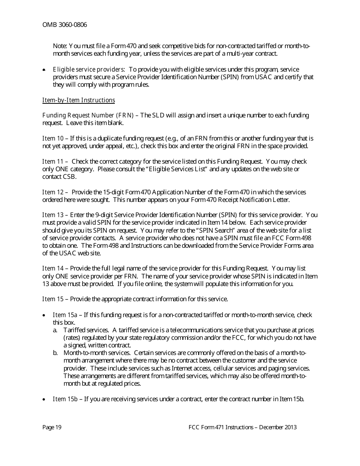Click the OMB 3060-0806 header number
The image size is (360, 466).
point(64,25)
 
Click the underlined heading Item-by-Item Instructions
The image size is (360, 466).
point(78,100)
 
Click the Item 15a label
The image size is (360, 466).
point(65,315)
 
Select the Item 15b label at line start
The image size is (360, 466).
point(65,399)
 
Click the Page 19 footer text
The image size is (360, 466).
point(52,427)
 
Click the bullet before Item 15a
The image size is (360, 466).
point(45,315)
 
